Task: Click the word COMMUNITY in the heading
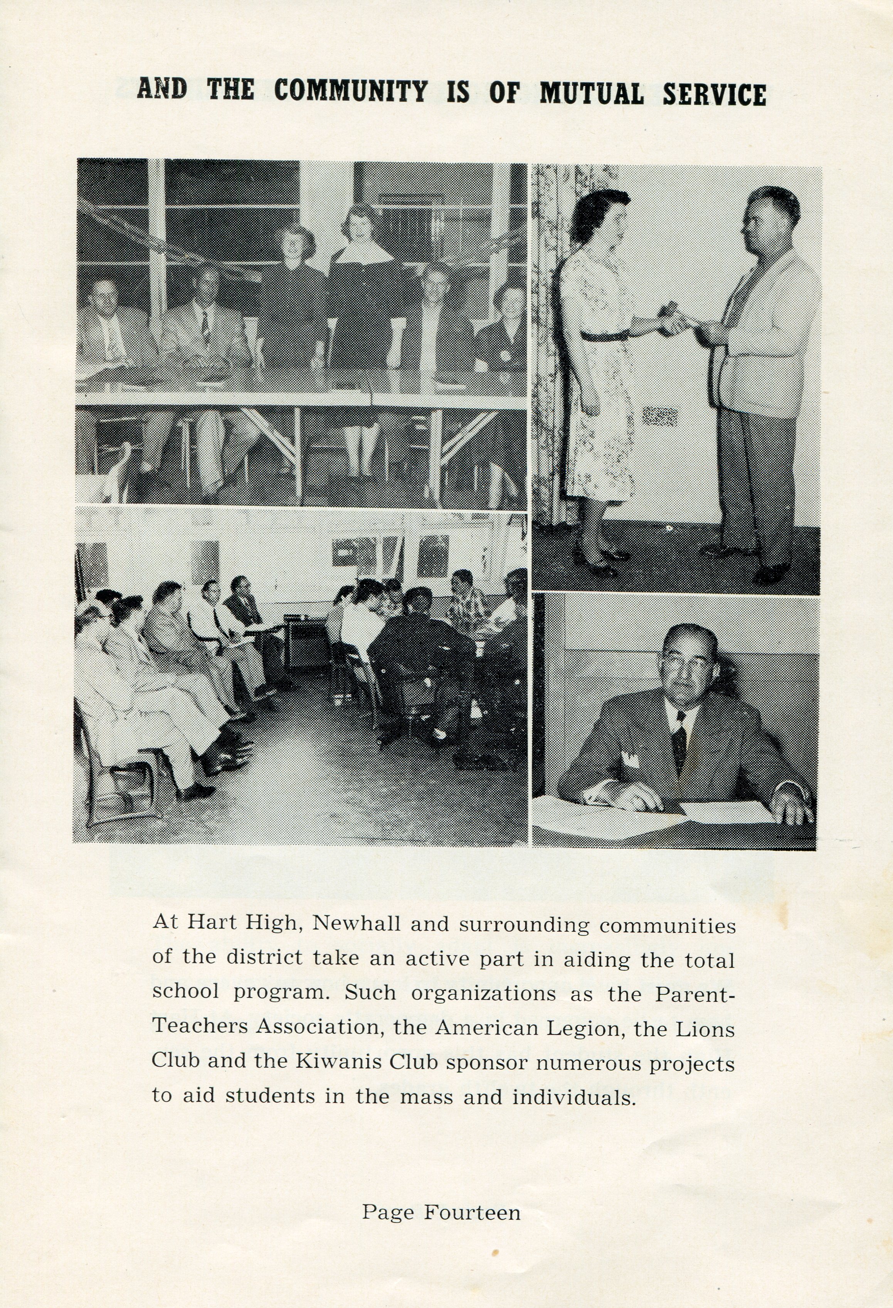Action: [x=351, y=92]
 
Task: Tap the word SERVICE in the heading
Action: [x=713, y=94]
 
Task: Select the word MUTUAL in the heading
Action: [x=592, y=94]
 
